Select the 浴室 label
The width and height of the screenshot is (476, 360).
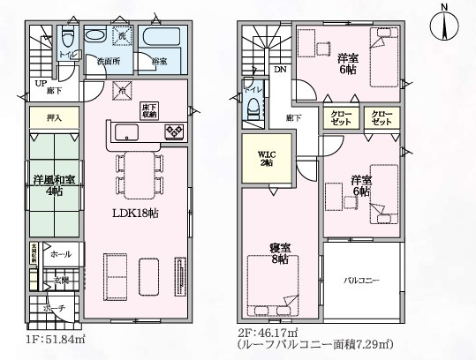tap(160, 62)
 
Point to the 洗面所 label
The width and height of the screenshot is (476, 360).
tap(108, 62)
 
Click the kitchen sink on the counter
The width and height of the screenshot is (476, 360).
tap(125, 133)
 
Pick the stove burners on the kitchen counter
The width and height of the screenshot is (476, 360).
tap(173, 133)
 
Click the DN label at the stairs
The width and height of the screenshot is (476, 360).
tap(279, 69)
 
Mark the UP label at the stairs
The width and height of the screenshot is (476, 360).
tap(40, 84)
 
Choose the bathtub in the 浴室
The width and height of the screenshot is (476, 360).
tap(161, 41)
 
